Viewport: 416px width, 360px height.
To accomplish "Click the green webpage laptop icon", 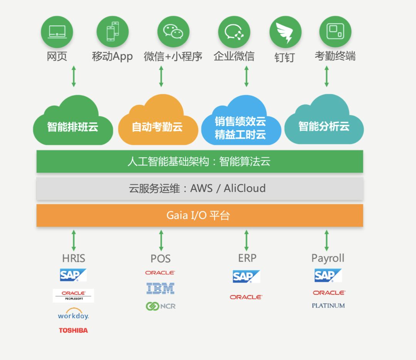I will click(57, 32).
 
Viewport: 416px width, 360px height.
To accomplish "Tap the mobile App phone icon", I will click(112, 32).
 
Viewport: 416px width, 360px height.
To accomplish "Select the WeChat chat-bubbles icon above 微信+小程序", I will click(173, 32).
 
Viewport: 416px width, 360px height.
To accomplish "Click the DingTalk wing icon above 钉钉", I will click(285, 32).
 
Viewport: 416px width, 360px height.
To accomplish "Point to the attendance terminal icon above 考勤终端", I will click(335, 32).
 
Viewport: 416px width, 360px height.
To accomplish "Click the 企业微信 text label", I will click(234, 56).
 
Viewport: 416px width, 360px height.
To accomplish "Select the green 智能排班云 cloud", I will click(73, 123).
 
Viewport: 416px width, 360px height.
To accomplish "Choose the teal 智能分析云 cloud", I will click(324, 123).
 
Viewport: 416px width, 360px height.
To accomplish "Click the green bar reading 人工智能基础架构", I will click(200, 161).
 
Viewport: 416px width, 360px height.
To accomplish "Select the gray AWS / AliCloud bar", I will click(200, 188).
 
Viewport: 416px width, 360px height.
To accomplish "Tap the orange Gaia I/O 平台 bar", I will click(200, 215).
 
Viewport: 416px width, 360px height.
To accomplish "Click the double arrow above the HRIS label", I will click(74, 241).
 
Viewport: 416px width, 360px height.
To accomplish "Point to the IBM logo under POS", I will click(161, 288).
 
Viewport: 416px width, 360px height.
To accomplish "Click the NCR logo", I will click(161, 306).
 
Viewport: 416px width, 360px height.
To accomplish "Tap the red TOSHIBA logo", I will click(73, 330).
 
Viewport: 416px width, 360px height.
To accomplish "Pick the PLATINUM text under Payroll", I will click(328, 306).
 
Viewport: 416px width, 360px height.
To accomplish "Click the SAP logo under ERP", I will click(246, 276).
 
